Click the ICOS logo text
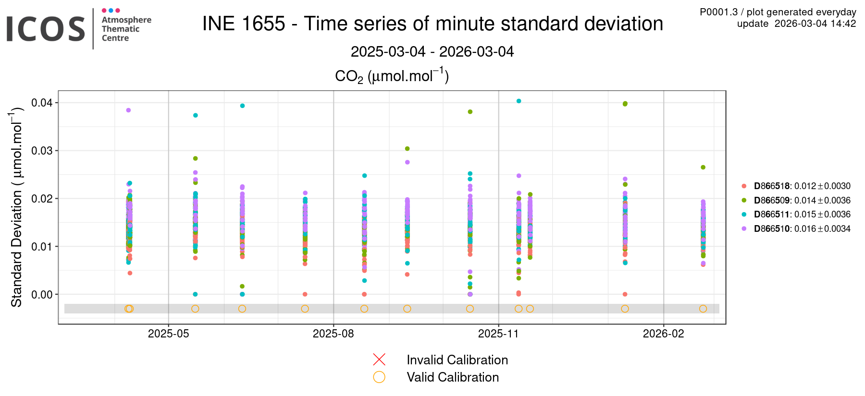click(46, 29)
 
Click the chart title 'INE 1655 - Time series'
click(432, 24)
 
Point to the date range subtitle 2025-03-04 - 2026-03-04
click(432, 51)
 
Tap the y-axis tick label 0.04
click(42, 103)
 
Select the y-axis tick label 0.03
click(42, 151)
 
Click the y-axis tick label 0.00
click(42, 295)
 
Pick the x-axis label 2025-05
click(168, 334)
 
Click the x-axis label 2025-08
click(333, 334)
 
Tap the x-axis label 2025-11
click(498, 334)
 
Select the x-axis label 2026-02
click(663, 334)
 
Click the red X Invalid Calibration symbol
click(379, 360)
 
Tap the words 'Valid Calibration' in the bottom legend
click(453, 377)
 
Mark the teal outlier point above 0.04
click(519, 101)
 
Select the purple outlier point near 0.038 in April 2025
click(128, 110)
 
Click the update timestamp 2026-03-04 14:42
click(815, 24)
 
